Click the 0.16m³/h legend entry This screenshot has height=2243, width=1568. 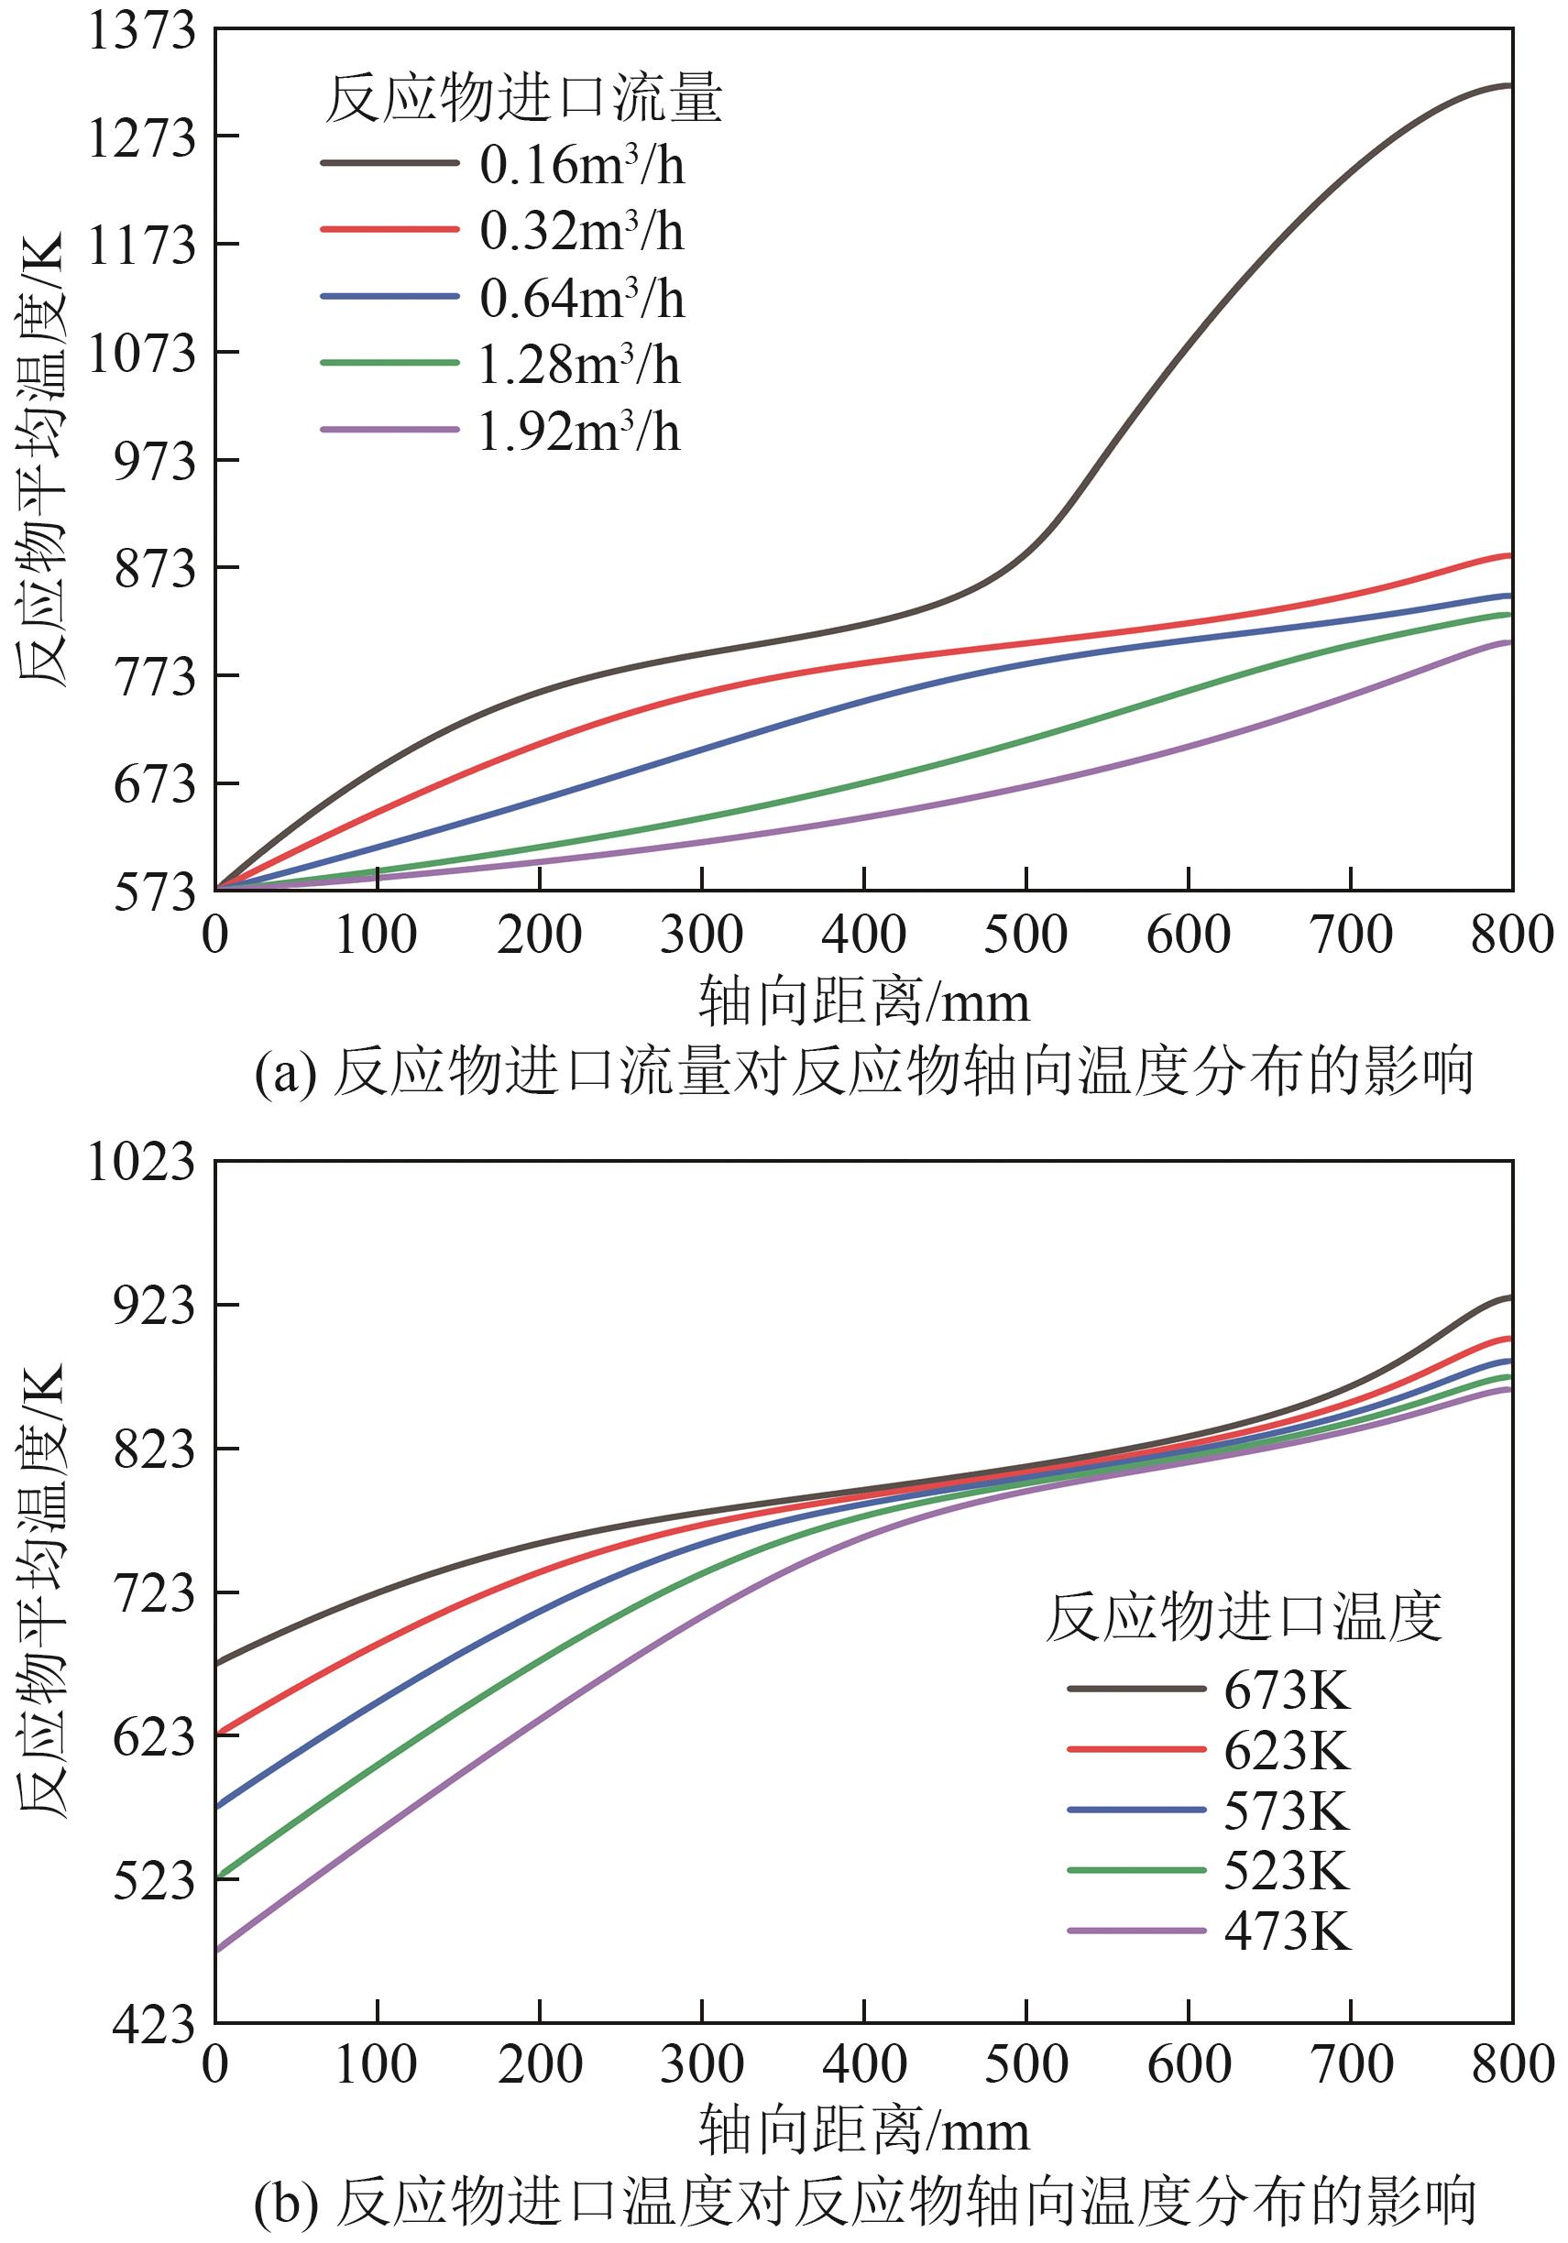tap(581, 165)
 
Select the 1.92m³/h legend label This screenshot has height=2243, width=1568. tap(579, 432)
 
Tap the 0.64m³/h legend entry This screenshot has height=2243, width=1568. tap(581, 298)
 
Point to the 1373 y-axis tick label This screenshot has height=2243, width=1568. tap(143, 31)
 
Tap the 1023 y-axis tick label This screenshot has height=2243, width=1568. tap(143, 1163)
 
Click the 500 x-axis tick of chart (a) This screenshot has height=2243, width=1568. tap(1025, 935)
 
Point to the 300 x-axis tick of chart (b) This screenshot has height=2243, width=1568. tap(701, 2064)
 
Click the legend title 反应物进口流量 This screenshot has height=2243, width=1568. tap(523, 99)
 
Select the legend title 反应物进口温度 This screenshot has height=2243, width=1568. tap(1244, 1617)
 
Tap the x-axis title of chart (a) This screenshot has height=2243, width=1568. tap(864, 1002)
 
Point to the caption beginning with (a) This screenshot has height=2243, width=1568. tap(864, 1072)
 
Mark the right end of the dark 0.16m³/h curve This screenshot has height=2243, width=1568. tap(1510, 87)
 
